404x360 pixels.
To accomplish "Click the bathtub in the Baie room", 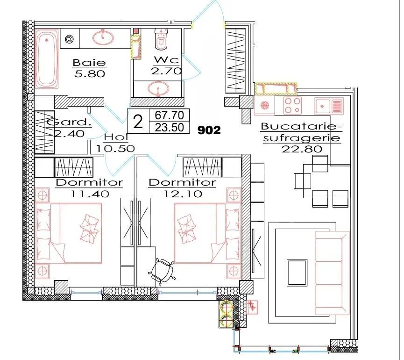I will click(x=47, y=58).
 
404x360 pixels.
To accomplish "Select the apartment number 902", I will click(x=209, y=130).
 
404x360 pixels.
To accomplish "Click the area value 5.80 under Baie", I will click(x=89, y=73).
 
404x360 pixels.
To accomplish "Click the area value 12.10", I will click(x=182, y=193).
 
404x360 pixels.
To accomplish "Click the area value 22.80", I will click(x=302, y=150).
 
